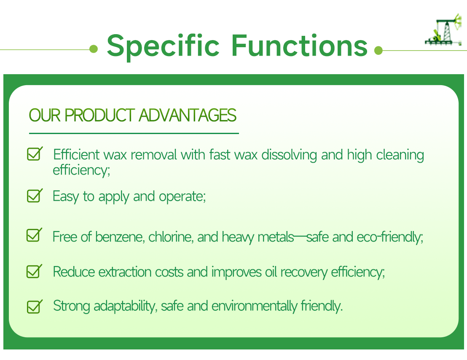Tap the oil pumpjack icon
[x=443, y=32]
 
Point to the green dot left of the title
[x=94, y=50]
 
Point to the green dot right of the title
[x=378, y=51]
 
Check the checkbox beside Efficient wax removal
[x=34, y=154]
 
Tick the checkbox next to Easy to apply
[x=34, y=196]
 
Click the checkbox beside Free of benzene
[x=34, y=236]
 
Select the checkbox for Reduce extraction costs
[x=34, y=271]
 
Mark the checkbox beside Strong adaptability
[x=34, y=306]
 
